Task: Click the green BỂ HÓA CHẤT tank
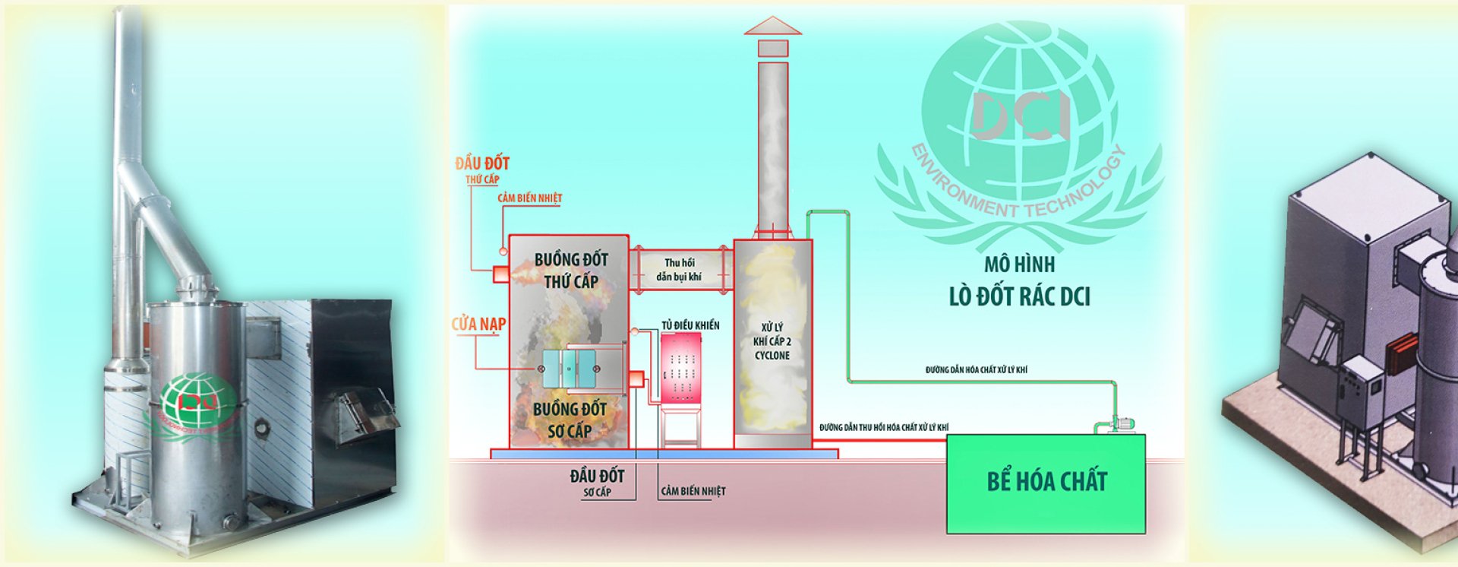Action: click(1046, 483)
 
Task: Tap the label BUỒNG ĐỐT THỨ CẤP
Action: click(571, 271)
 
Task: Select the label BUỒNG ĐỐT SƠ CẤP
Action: click(570, 420)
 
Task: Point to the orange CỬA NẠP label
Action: click(478, 325)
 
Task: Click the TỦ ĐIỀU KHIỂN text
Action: click(690, 325)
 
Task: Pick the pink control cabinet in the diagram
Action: click(681, 369)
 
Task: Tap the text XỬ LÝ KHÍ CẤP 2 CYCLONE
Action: click(772, 341)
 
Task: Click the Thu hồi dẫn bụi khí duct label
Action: click(679, 270)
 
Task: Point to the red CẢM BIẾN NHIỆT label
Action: click(530, 198)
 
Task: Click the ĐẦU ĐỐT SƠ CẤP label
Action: click(597, 483)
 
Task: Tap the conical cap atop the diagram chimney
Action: click(772, 26)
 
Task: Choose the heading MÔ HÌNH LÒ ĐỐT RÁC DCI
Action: click(1019, 281)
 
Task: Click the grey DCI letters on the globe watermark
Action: click(1020, 116)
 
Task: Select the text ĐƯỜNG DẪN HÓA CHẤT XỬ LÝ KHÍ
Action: click(976, 370)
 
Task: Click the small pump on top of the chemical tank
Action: click(1115, 423)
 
